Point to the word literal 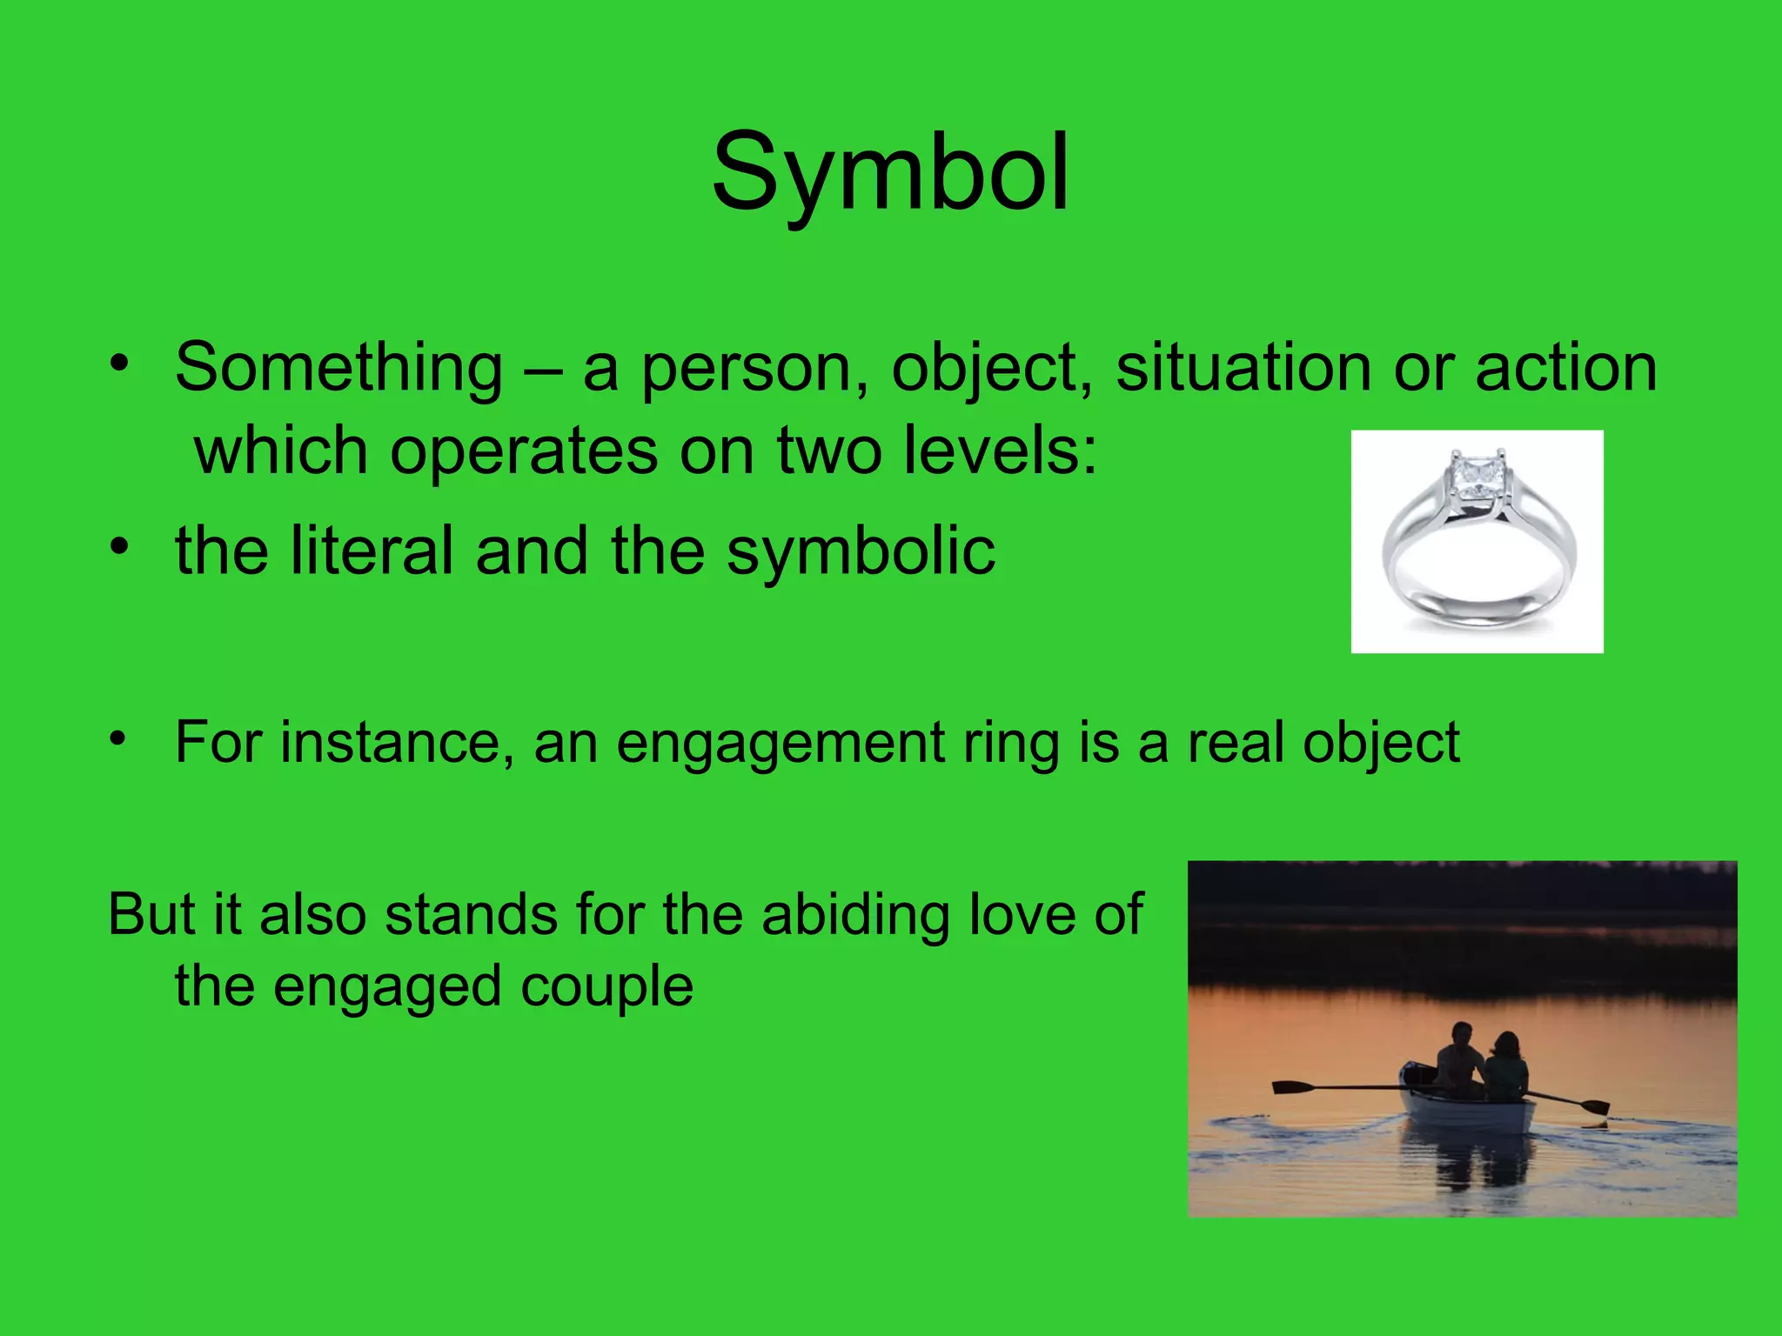pyautogui.click(x=372, y=551)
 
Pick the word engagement pyautogui.click(x=780, y=745)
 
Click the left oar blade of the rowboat pyautogui.click(x=1292, y=1087)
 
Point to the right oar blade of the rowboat pyautogui.click(x=1595, y=1107)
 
